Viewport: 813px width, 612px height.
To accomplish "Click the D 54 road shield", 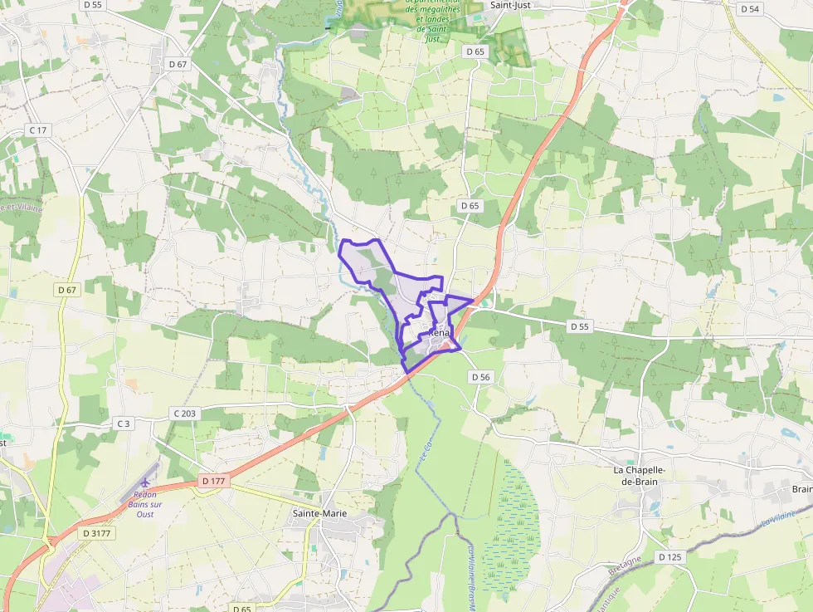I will pos(749,9).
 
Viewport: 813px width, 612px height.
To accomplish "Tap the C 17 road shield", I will pos(38,130).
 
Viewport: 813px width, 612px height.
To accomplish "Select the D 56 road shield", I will pos(481,377).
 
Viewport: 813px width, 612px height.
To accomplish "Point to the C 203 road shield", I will pos(184,414).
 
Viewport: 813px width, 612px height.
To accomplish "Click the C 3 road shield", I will pos(124,424).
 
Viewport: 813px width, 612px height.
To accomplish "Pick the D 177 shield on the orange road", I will pos(213,481).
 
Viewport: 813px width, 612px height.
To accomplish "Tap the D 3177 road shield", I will pos(97,532).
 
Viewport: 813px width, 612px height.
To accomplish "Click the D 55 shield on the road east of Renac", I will pos(580,326).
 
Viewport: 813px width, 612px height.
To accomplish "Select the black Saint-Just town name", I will pos(510,4).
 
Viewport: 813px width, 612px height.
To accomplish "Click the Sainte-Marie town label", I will pos(319,513).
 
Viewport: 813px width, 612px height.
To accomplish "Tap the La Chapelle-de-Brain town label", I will pos(640,475).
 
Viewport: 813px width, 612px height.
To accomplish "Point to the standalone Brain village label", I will pos(801,489).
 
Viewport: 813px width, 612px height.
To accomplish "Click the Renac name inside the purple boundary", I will pos(440,334).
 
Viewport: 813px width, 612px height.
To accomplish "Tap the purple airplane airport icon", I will pos(147,481).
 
